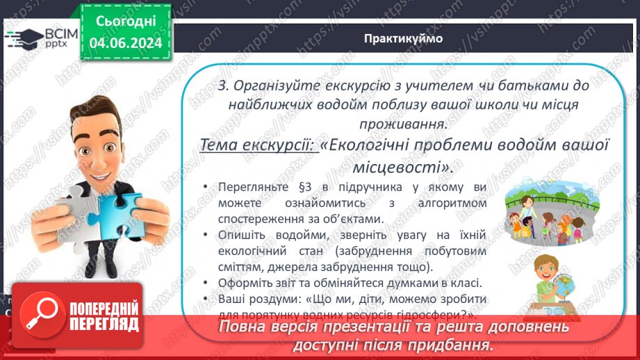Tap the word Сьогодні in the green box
(126, 23)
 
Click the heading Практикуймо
(403, 38)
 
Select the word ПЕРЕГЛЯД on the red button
(104, 324)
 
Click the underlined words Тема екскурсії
(259, 146)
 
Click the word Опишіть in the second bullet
(238, 235)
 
